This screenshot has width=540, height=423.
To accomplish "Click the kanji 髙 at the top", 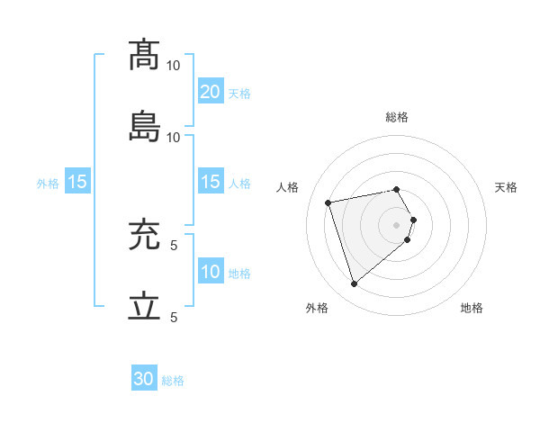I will coord(145,55).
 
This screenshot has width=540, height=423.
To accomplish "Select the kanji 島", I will coord(145,127).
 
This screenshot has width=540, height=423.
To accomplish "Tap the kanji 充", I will coord(145,235).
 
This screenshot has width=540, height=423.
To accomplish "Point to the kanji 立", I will coord(145,307).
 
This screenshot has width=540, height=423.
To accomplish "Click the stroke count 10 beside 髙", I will coord(174,66).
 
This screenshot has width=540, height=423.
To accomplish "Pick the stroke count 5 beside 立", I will coord(174,318).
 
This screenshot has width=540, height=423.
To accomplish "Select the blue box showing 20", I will coord(210,91).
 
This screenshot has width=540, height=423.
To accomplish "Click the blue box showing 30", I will coord(144,379).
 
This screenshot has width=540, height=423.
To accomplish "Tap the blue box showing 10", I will coord(210,271).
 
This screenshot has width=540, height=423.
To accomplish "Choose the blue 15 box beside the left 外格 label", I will coord(76,181).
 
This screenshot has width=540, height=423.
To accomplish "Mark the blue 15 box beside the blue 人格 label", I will coord(210,181).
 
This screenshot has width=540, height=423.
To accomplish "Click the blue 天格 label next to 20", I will coord(239,93).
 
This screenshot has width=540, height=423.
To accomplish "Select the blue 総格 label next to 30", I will coord(173,381).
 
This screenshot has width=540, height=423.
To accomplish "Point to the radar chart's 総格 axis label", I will coord(397,117).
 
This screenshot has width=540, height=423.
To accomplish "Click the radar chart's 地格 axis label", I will coord(472,308).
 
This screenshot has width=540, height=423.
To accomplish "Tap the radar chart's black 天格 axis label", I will coord(506,187).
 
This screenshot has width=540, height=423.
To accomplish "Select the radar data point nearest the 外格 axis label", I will coord(354,284).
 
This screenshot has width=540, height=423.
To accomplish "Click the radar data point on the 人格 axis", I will coord(328,202).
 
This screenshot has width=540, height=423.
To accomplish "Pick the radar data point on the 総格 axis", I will coord(397,189).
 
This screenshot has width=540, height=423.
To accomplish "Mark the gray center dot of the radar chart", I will coord(397,224).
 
